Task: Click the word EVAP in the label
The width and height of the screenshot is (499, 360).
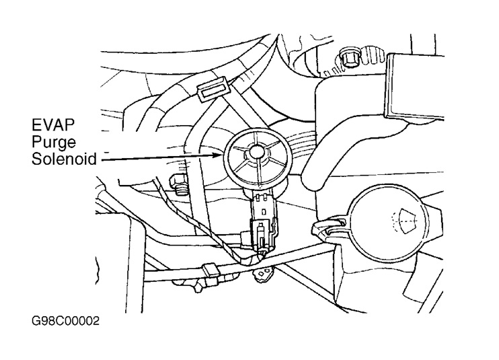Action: (x=50, y=125)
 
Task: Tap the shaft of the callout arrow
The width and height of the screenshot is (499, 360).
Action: (x=161, y=158)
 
